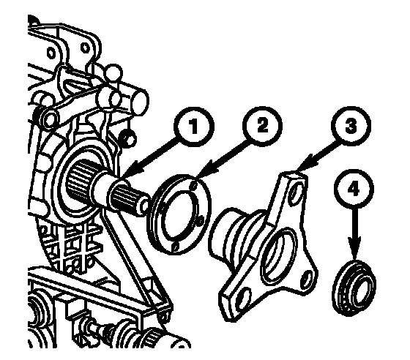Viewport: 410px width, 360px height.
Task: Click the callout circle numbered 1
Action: coord(194,127)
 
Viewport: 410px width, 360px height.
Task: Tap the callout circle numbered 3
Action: coord(351,126)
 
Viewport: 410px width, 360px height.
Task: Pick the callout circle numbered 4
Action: coord(354,189)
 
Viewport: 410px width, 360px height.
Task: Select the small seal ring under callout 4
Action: coord(354,287)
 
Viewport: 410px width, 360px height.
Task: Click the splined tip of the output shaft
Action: coord(130,199)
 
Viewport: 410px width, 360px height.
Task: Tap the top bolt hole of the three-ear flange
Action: coord(296,193)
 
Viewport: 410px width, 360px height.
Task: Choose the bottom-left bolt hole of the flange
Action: coord(242,300)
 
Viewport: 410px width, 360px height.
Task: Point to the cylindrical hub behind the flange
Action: coord(230,235)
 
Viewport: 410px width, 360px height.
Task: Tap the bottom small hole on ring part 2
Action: coord(176,246)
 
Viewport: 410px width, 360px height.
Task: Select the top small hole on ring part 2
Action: coord(193,186)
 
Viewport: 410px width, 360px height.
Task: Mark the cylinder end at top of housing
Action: coord(141,102)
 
